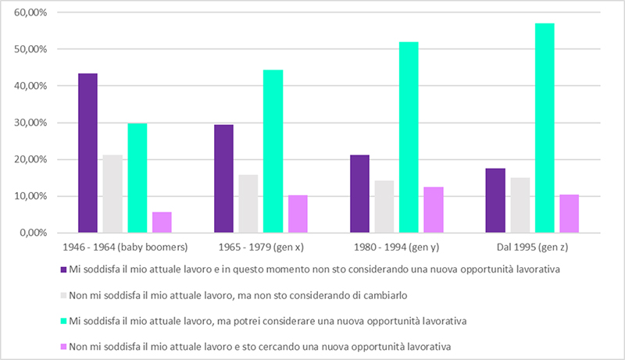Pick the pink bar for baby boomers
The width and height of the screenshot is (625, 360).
[x=162, y=223]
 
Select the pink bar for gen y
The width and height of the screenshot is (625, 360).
[x=434, y=210]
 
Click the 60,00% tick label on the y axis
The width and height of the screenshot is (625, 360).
[x=31, y=12]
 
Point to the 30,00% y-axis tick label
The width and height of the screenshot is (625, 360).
[x=31, y=123]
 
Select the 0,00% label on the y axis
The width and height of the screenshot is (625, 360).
[x=34, y=233]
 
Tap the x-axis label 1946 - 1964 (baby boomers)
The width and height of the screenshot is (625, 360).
[x=125, y=247]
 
